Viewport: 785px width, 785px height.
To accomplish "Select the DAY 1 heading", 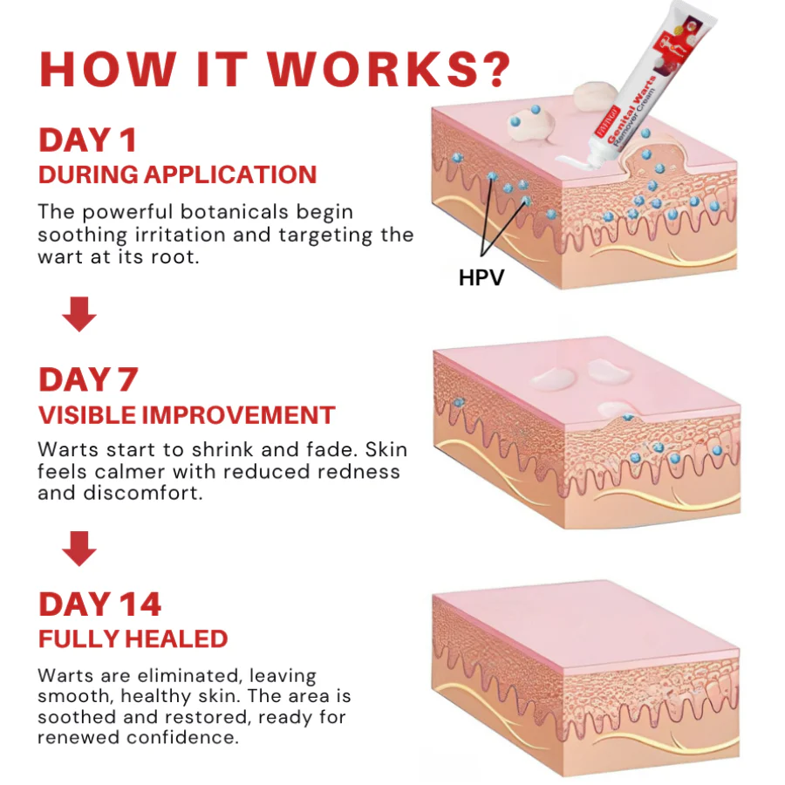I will (x=87, y=140).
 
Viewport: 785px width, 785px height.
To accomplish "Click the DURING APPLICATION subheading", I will (x=177, y=174).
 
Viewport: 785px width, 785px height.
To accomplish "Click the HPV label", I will (x=481, y=278).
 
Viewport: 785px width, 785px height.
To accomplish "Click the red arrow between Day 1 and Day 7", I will (x=79, y=314).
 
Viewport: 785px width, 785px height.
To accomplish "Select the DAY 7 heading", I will (x=87, y=380).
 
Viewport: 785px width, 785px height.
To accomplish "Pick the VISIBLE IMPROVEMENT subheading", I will (x=187, y=415).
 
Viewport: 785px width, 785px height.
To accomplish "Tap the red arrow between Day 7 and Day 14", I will (x=79, y=549).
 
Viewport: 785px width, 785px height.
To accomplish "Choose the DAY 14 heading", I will (x=99, y=604).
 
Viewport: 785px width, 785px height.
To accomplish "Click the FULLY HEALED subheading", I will (x=133, y=638).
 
